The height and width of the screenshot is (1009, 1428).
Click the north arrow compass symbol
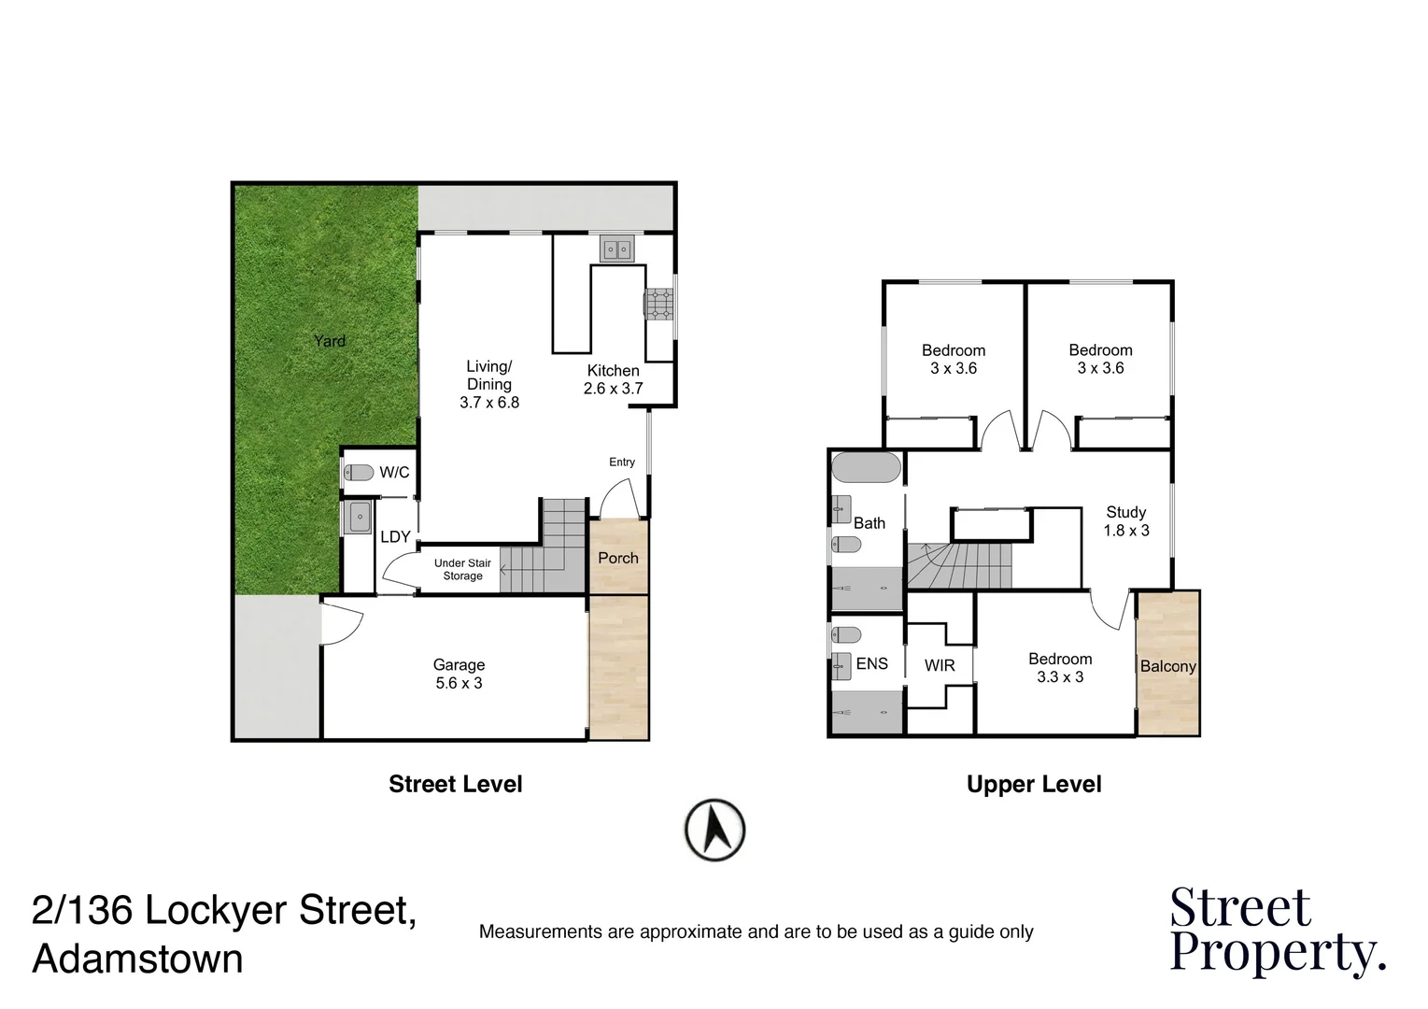tap(714, 829)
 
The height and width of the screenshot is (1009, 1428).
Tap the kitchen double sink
tap(615, 249)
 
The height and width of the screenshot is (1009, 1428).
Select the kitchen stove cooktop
tap(658, 305)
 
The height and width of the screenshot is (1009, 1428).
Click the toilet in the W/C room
tap(359, 473)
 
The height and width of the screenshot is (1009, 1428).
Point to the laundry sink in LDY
tap(358, 517)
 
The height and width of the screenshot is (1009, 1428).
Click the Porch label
tap(618, 558)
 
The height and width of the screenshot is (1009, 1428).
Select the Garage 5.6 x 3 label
tap(459, 674)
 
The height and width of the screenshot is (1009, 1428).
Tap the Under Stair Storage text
tap(462, 570)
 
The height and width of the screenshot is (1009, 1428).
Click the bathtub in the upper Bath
tap(866, 467)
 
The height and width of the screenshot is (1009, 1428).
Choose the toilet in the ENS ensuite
tap(846, 635)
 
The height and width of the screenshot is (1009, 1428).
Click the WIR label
tap(940, 665)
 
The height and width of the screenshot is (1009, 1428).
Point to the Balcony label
tap(1167, 666)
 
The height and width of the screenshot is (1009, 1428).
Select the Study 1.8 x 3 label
tap(1125, 521)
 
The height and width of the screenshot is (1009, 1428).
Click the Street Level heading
tap(455, 784)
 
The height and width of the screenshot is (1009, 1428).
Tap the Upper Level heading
tap(1034, 784)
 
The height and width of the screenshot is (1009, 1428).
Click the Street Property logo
tap(1276, 931)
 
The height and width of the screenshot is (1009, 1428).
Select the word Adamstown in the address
tap(137, 959)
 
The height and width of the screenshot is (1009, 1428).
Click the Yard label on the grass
tap(329, 341)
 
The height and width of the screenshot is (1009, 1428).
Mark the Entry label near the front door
tap(622, 462)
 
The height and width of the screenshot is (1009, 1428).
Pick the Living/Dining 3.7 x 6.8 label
tap(489, 384)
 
